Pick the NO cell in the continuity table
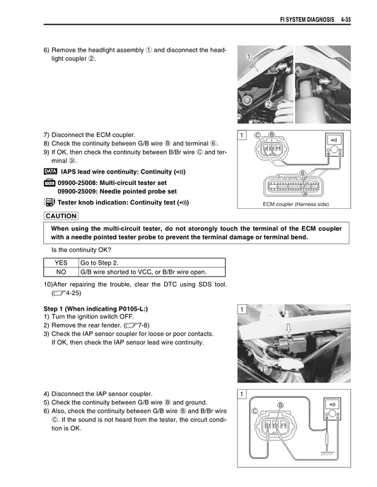(x=61, y=271)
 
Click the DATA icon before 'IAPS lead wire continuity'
(x=50, y=172)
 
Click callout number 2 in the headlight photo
(x=268, y=104)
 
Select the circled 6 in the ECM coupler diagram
(x=302, y=173)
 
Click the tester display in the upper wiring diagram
(x=333, y=140)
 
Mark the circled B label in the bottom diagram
(x=280, y=404)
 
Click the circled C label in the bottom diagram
(x=254, y=411)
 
